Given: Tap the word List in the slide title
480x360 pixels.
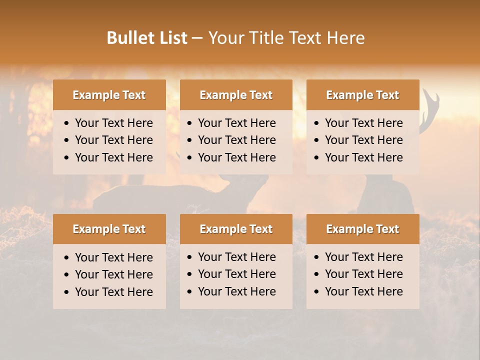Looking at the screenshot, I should click(x=171, y=38).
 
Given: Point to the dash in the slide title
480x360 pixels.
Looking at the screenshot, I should click(x=197, y=38).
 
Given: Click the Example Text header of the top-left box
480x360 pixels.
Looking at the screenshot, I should click(x=109, y=95).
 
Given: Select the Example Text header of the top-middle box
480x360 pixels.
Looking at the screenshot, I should click(x=236, y=95).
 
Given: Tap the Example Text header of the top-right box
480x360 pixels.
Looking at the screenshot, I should click(x=362, y=95).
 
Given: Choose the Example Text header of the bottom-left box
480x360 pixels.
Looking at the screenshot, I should click(x=109, y=229).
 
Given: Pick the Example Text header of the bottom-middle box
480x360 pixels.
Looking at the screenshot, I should click(x=236, y=229).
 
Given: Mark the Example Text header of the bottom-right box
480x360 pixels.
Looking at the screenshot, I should click(x=362, y=229).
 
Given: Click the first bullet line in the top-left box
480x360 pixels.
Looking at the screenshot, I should click(x=113, y=123).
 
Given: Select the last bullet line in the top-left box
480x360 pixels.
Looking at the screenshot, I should click(x=113, y=157).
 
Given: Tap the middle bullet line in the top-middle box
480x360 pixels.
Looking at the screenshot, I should click(x=236, y=140).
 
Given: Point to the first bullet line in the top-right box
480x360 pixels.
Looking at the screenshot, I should click(x=363, y=123).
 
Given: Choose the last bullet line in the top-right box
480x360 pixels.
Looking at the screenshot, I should click(x=363, y=157).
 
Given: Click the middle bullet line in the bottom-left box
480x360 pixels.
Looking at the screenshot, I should click(x=113, y=274).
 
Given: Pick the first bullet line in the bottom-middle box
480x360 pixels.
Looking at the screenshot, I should click(x=236, y=257).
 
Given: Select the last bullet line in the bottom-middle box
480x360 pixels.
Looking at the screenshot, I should click(x=236, y=291).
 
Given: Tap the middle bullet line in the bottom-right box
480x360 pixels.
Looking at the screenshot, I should click(x=363, y=274).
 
